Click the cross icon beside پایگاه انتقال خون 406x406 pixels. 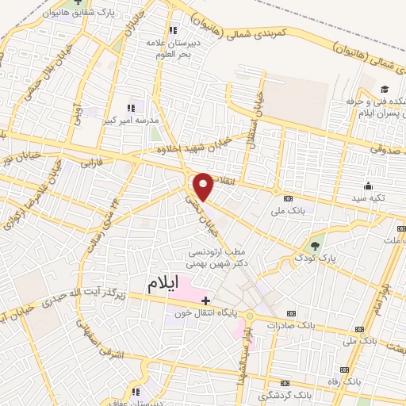click(206, 301)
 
